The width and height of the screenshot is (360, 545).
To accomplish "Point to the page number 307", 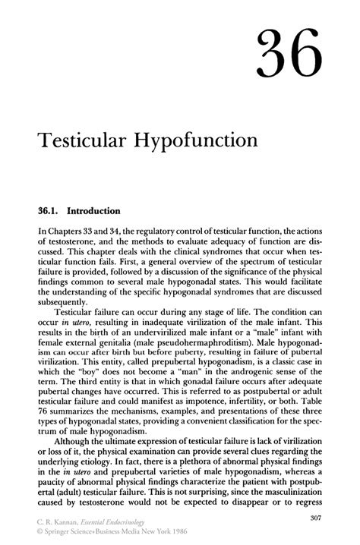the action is pyautogui.click(x=318, y=518).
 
